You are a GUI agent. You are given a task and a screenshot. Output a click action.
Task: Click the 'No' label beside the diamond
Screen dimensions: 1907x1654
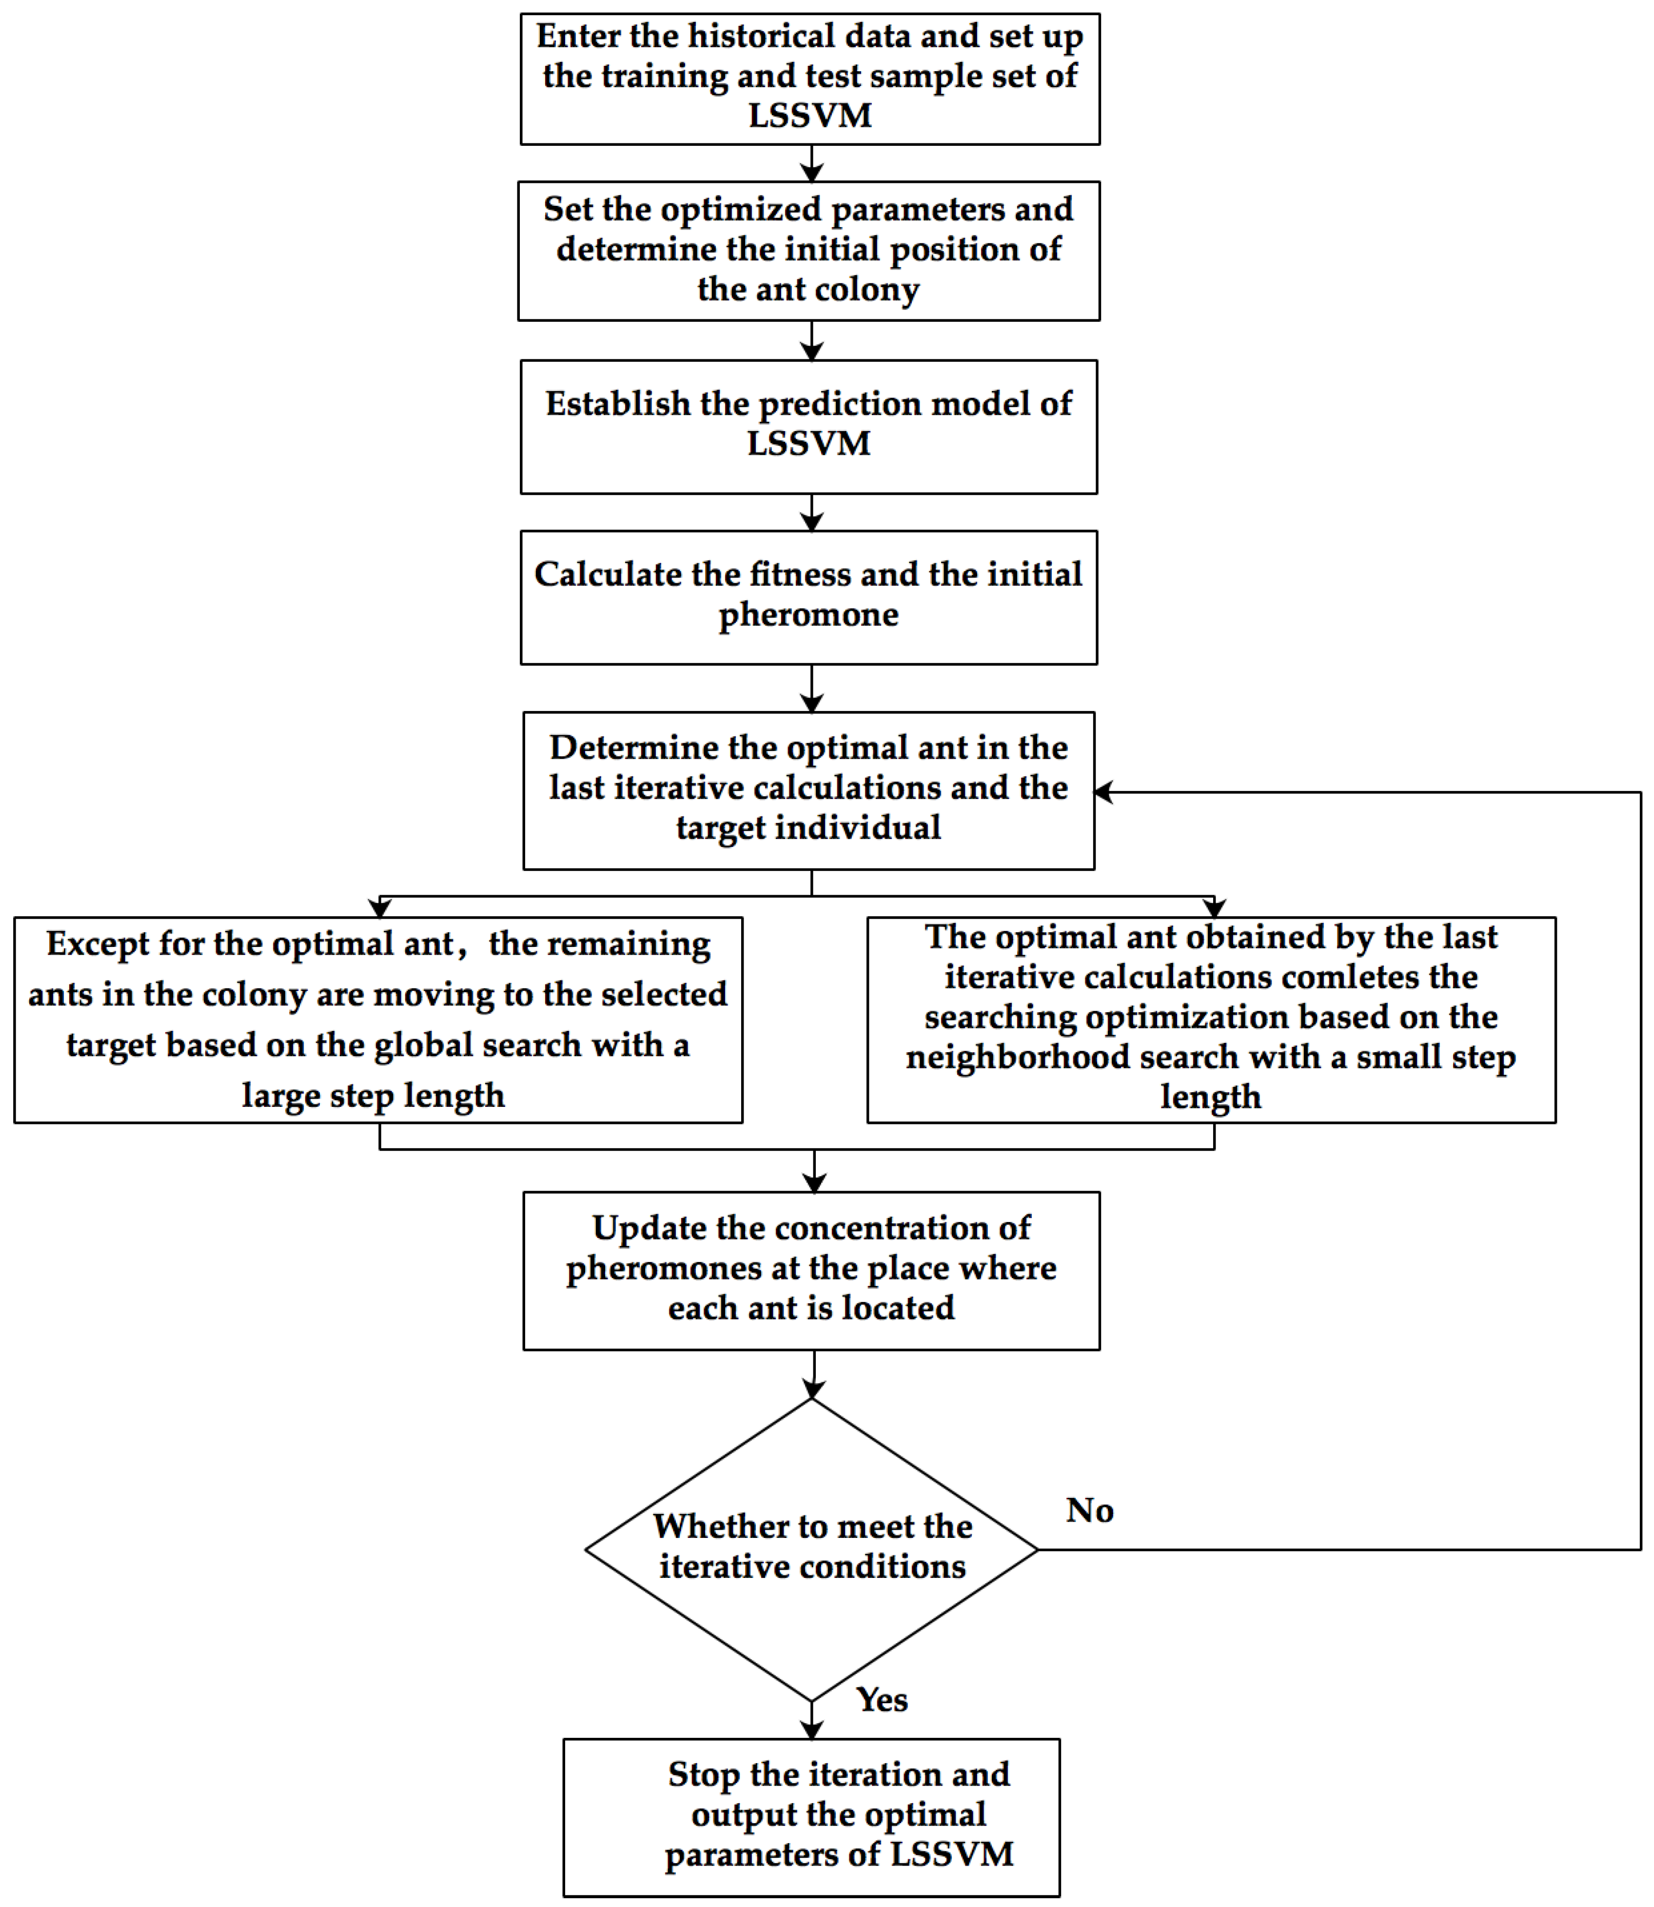coord(1089,1510)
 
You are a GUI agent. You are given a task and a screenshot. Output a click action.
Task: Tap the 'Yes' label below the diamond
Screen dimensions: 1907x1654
coord(882,1699)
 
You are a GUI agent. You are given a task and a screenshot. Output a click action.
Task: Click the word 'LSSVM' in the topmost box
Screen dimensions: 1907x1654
coord(809,116)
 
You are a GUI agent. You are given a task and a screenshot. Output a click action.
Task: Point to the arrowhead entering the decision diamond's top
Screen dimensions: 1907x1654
coord(813,1389)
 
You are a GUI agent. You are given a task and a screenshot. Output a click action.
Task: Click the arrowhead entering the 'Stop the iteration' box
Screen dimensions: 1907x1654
coord(811,1730)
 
